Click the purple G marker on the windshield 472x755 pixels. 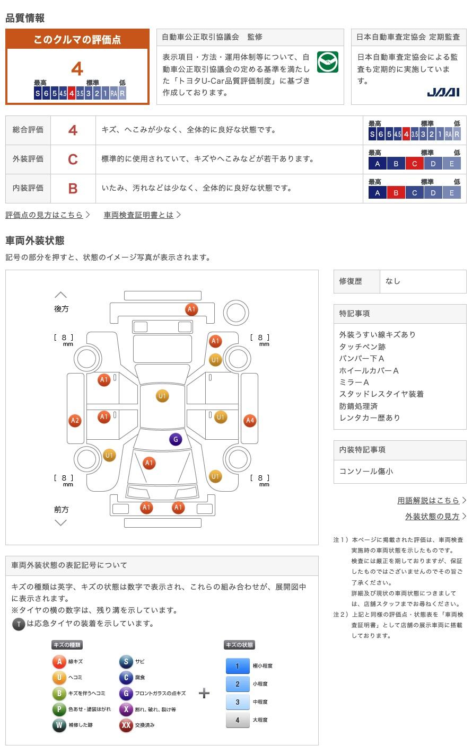coord(175,439)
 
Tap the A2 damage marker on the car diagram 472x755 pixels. coord(75,421)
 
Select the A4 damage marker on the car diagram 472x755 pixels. coord(249,421)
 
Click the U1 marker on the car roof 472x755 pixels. coord(162,396)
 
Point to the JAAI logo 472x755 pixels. coord(443,92)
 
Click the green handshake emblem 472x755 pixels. coord(327,63)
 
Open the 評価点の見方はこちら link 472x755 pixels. coord(45,215)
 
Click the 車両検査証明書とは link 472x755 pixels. coord(138,215)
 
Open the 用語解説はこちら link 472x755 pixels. coord(428,500)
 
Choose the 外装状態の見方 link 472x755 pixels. coord(432,516)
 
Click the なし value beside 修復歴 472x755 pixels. coord(393,281)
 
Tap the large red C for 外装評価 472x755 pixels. coord(73,159)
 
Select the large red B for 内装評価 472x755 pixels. coord(73,188)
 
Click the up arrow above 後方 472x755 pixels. coord(61,295)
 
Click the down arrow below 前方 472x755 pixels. coord(61,522)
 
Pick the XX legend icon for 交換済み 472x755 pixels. coord(126,725)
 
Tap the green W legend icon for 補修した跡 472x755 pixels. coord(59,725)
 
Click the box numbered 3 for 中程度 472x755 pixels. coord(237,701)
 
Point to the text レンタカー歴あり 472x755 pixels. coord(370,418)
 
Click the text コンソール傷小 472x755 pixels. coord(366,471)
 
